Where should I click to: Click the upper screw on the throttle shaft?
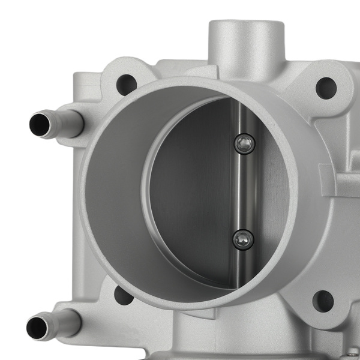coord(244,143)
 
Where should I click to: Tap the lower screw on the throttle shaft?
coord(243,239)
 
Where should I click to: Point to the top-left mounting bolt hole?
coord(127,84)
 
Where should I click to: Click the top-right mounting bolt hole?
coord(325,88)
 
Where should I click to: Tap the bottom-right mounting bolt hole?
coord(323,301)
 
